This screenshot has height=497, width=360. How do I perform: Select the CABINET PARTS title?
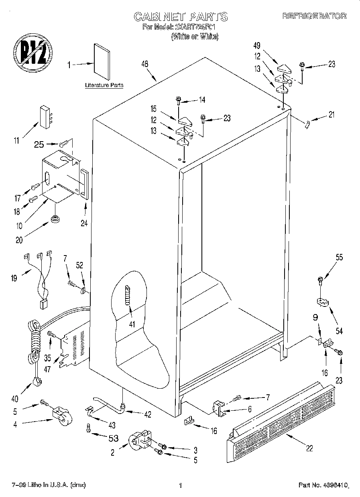[x=180, y=16]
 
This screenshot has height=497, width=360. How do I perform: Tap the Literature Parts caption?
[x=104, y=85]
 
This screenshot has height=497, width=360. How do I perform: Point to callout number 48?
[x=145, y=64]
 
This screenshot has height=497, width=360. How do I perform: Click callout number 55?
[x=339, y=258]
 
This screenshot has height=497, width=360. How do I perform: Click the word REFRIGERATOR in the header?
[x=314, y=16]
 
